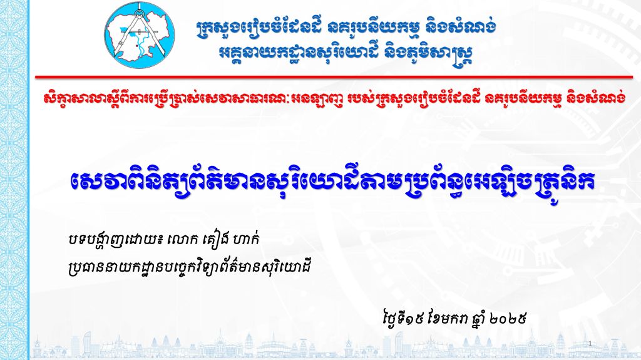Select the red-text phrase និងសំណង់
point(585,99)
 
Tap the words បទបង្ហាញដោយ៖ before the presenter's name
point(113,240)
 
